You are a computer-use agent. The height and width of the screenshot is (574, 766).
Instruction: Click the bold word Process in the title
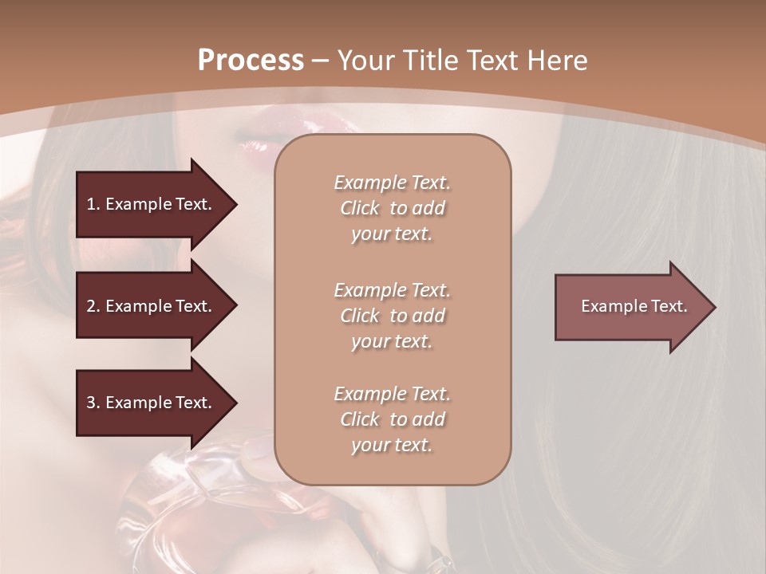(251, 61)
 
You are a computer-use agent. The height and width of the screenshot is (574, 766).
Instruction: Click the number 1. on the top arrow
(93, 204)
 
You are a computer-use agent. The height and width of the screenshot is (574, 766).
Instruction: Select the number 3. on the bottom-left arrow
(93, 403)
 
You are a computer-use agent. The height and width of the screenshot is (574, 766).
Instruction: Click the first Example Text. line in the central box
(392, 183)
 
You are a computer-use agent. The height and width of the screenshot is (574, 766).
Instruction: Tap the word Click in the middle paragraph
(360, 316)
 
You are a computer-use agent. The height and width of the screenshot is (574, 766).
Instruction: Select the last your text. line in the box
(392, 445)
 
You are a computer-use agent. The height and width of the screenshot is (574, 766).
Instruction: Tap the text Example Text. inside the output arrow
(634, 306)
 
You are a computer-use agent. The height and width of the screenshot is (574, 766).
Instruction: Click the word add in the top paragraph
(428, 208)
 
